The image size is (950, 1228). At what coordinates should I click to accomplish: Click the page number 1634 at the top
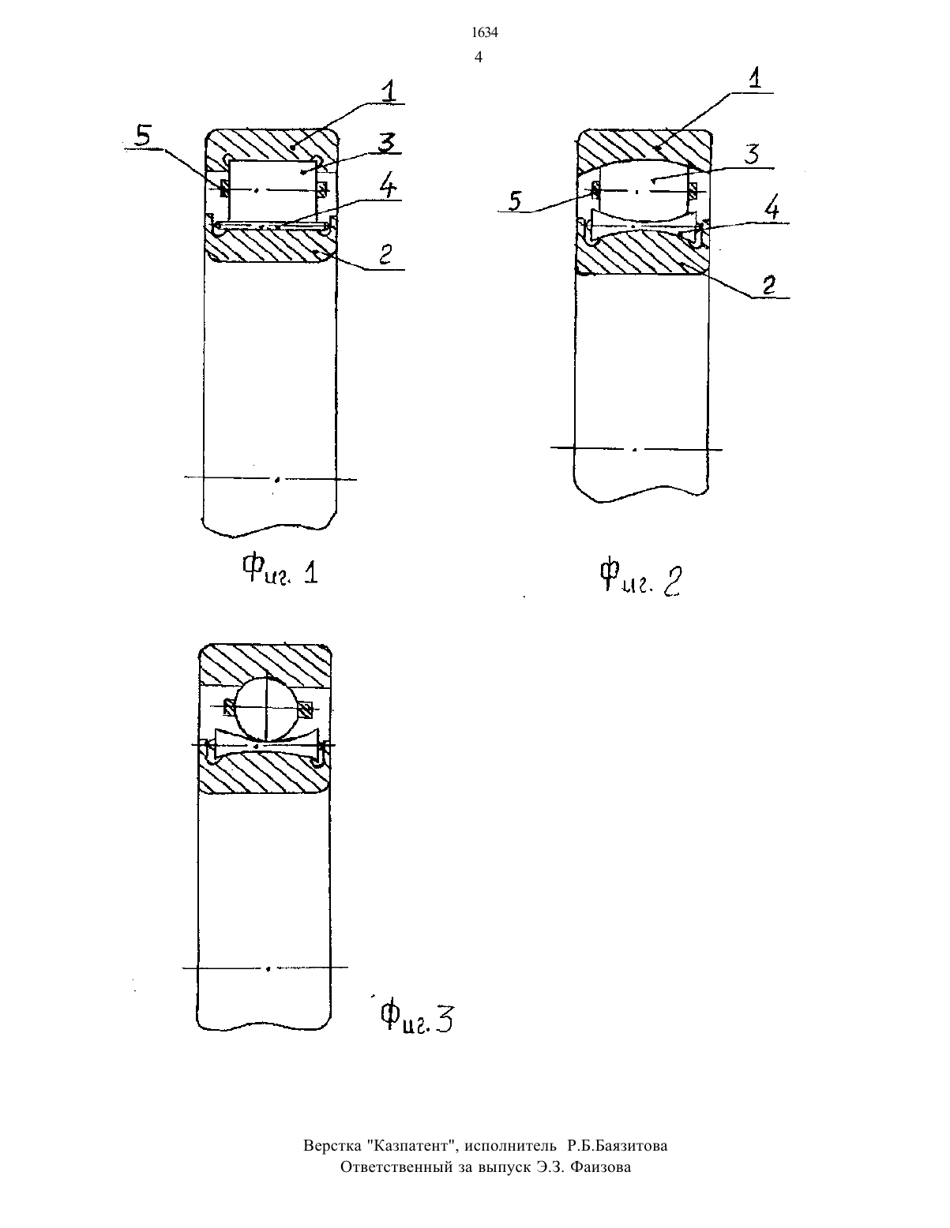click(x=485, y=33)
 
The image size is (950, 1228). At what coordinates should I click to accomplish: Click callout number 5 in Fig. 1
click(x=144, y=136)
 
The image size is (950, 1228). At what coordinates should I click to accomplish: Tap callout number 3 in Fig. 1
click(x=387, y=144)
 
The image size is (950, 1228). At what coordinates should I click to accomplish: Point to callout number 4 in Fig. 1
click(x=388, y=186)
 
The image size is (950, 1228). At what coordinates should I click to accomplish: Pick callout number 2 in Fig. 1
click(x=385, y=254)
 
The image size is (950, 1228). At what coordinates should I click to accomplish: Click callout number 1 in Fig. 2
click(x=754, y=78)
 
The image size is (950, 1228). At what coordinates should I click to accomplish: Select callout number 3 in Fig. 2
click(x=752, y=154)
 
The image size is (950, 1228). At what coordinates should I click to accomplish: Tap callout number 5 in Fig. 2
click(x=515, y=200)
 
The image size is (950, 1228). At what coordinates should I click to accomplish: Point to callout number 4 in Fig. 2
click(x=772, y=210)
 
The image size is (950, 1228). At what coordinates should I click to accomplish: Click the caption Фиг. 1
click(x=280, y=570)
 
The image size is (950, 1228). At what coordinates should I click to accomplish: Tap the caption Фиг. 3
click(x=416, y=1018)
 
